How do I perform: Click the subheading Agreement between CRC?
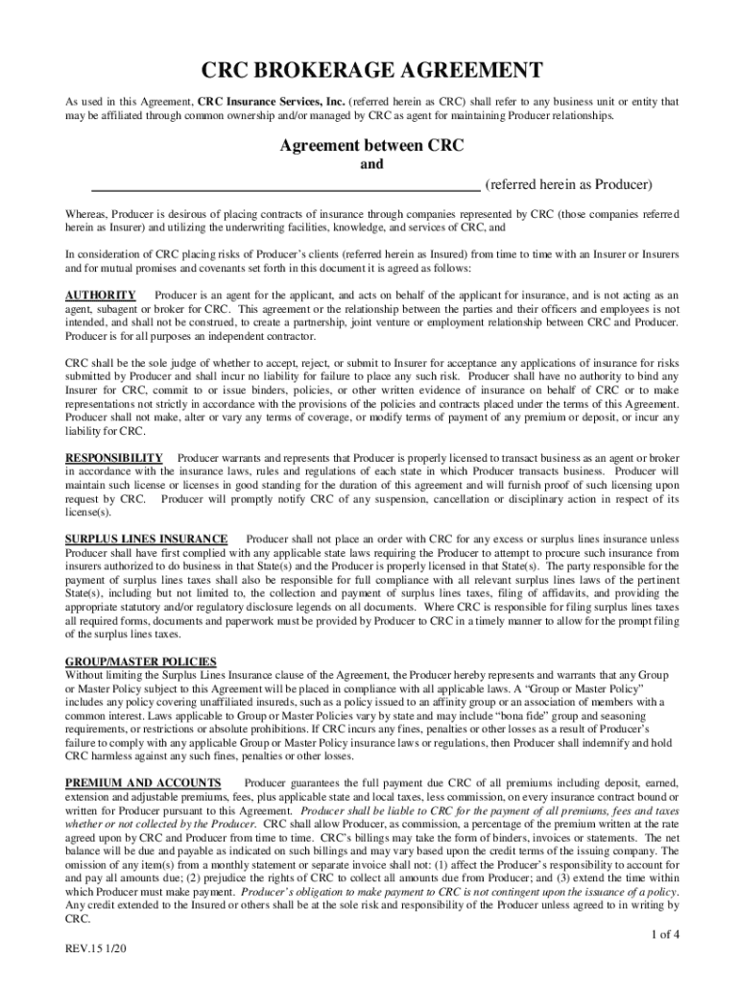(371, 146)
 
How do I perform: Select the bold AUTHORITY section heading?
(100, 295)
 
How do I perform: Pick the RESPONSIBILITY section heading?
(113, 458)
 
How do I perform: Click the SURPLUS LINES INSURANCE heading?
(146, 539)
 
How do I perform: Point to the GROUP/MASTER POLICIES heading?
(140, 662)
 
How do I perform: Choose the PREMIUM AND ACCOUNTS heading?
(143, 784)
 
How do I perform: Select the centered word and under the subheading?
(371, 165)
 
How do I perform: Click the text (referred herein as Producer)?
(568, 184)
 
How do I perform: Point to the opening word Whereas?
(85, 214)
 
